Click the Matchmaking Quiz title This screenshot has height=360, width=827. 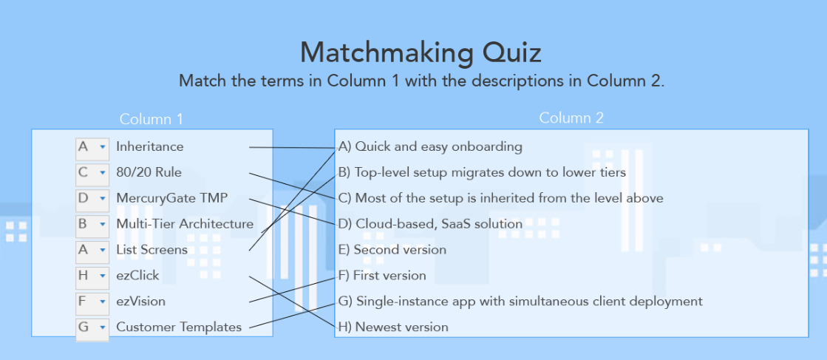[421, 53]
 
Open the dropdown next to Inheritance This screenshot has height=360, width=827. [92, 147]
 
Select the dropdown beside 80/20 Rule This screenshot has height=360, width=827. [92, 173]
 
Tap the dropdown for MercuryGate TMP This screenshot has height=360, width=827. [92, 199]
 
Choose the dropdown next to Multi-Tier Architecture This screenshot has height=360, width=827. [92, 224]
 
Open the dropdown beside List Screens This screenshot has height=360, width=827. [92, 250]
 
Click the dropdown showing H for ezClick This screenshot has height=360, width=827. [92, 276]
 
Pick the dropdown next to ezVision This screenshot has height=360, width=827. [92, 302]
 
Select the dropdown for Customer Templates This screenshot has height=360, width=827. [92, 327]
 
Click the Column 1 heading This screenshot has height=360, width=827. [151, 119]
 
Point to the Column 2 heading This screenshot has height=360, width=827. [571, 118]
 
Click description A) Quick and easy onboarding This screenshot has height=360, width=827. [430, 146]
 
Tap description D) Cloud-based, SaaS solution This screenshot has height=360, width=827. [430, 223]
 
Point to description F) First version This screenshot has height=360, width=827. [382, 275]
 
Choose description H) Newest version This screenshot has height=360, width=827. [393, 327]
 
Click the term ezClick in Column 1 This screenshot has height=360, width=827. [137, 276]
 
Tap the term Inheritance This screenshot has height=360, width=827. [149, 146]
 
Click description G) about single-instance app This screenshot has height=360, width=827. [520, 301]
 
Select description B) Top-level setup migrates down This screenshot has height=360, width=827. [482, 172]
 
